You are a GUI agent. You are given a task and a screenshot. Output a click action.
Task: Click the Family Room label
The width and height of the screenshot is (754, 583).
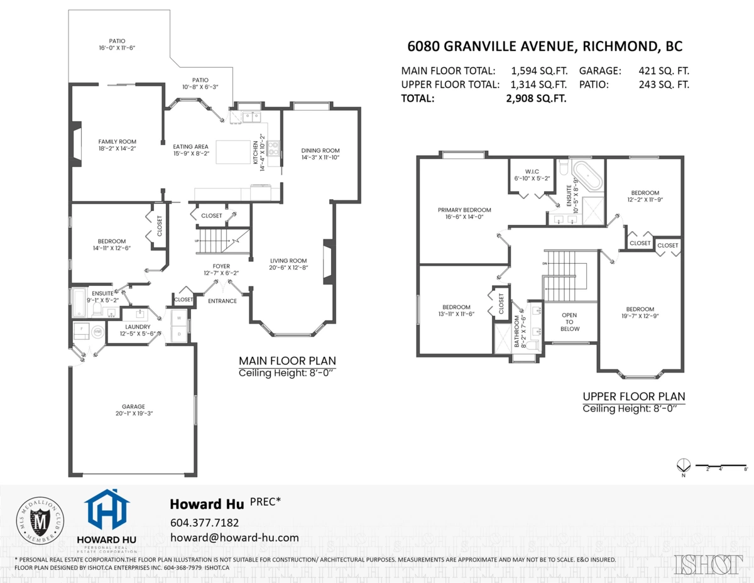117,141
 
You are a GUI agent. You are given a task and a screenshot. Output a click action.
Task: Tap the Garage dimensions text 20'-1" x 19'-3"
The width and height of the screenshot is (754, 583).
130,413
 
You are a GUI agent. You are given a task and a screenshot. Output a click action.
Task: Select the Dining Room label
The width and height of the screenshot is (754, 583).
320,150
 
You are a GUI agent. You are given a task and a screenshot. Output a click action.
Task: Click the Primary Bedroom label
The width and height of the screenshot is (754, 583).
464,210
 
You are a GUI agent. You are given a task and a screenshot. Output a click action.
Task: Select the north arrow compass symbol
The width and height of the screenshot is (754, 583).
683,465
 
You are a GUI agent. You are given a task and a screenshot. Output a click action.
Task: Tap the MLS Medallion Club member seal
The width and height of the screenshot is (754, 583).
40,520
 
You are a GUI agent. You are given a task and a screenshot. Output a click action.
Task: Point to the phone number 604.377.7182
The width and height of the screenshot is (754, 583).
204,523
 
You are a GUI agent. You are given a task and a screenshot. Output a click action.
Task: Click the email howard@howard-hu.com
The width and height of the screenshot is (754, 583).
234,538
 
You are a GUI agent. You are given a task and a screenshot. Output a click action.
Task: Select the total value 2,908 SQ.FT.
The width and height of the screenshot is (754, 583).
536,98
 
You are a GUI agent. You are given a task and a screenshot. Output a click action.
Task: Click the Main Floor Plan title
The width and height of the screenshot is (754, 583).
287,361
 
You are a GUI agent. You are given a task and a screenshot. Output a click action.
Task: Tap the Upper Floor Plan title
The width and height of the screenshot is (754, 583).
633,396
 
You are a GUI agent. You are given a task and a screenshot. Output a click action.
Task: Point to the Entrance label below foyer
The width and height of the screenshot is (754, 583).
222,301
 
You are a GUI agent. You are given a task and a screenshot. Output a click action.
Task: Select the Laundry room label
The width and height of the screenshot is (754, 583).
138,327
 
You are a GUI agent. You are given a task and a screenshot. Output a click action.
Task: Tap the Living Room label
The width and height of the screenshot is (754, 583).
288,261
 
